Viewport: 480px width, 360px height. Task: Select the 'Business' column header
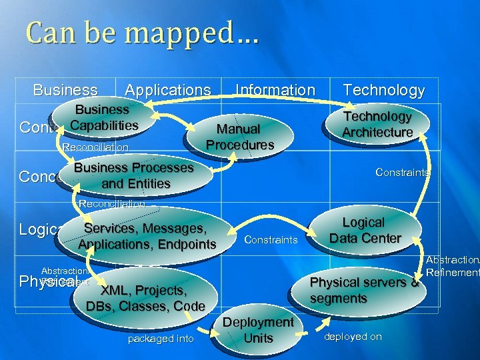pos(65,90)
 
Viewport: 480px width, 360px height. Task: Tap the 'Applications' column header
pos(167,90)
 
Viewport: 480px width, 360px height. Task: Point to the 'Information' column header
pos(275,90)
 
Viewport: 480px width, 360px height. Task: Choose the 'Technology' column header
pos(383,90)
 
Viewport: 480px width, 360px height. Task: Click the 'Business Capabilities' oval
pos(103,117)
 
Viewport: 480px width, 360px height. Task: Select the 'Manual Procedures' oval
pos(240,136)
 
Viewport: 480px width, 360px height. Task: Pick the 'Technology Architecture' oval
pos(377,124)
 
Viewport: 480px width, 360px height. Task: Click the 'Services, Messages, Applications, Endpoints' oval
pos(147,236)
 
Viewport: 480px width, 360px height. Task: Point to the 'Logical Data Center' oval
pos(365,230)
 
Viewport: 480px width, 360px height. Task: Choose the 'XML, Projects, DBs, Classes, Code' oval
pos(145,298)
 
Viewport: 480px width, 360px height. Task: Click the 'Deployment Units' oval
pos(258,330)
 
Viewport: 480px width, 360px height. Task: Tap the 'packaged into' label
pos(161,339)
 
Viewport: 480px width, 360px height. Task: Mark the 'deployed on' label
pos(353,337)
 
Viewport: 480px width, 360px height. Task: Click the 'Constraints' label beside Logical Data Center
pos(271,239)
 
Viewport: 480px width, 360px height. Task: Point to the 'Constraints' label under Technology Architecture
pos(402,172)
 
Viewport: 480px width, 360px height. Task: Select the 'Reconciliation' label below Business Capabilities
pos(95,147)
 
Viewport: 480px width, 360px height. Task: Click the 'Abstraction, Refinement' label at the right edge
pos(453,267)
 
